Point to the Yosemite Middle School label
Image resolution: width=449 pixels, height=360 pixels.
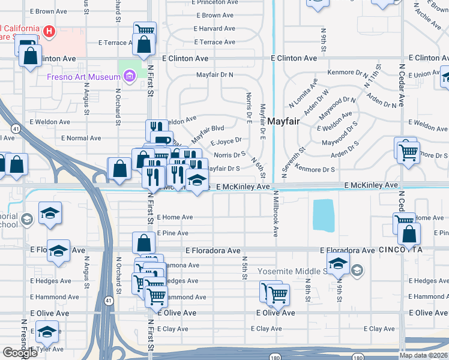coord(294,271)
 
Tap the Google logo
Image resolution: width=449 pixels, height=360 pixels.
coord(20,353)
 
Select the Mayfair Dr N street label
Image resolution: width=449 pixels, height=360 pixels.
coord(215,75)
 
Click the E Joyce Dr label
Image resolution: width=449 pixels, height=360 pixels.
coord(226,143)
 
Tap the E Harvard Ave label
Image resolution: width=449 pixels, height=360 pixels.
coord(217,29)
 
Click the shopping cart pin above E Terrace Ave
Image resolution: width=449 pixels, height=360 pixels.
coord(145,30)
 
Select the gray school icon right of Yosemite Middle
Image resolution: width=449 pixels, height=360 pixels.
coord(357,271)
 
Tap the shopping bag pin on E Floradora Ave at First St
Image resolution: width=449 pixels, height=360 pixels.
coord(144,243)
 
